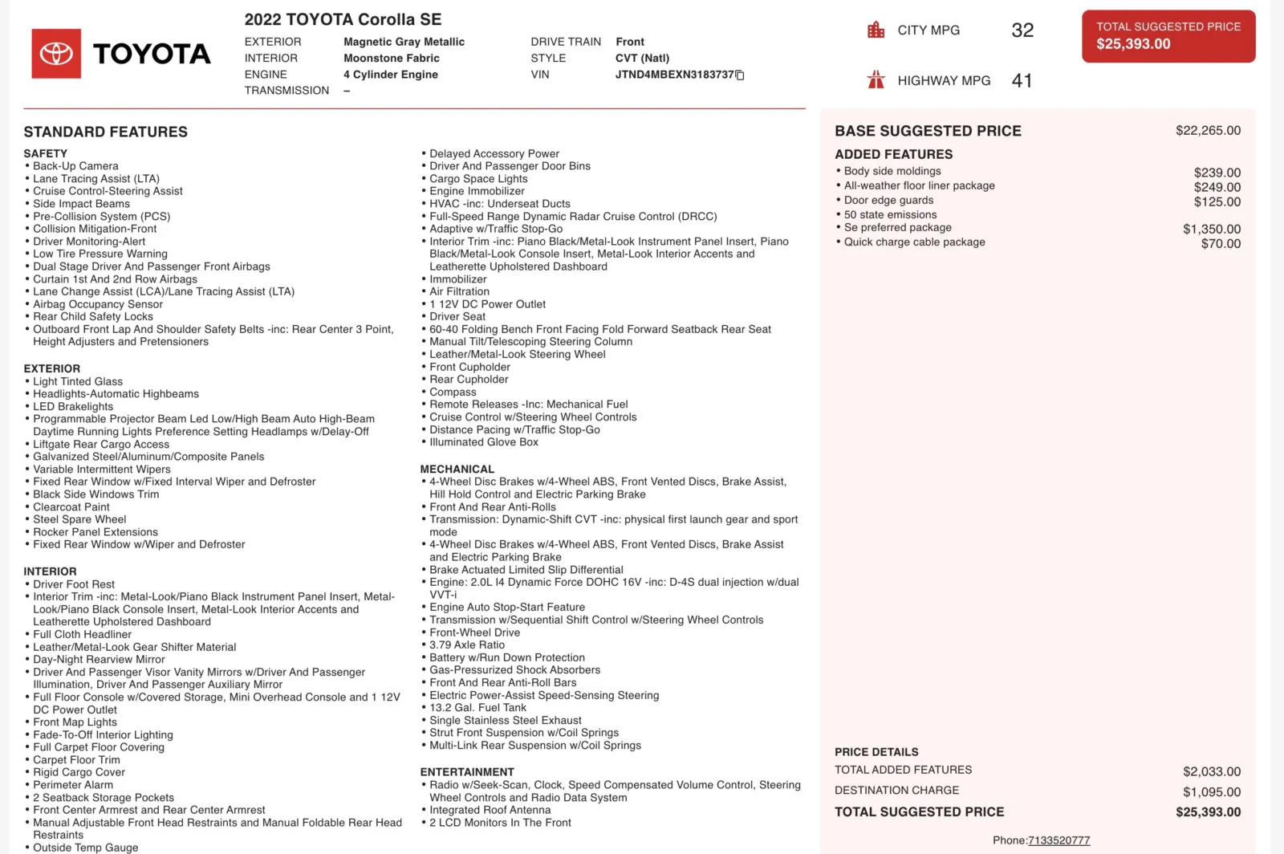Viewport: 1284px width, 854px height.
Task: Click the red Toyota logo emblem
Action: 56,54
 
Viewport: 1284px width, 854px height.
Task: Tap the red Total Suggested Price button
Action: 1168,36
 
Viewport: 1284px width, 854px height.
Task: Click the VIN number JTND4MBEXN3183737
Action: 674,75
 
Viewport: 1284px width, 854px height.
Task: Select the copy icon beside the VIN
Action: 740,75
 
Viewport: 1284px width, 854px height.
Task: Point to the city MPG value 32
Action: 1022,31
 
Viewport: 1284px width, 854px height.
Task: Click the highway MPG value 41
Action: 1022,80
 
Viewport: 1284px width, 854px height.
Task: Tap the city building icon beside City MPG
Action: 876,31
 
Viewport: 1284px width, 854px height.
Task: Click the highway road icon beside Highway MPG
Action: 876,79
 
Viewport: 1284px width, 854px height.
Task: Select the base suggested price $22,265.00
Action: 1208,130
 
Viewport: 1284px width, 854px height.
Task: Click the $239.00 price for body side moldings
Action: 1217,173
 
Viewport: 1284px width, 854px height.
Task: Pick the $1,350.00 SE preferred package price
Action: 1211,229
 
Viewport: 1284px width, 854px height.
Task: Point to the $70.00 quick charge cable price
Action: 1221,243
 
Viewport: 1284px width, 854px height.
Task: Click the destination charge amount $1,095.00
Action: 1211,791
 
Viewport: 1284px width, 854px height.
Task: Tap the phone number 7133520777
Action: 1058,840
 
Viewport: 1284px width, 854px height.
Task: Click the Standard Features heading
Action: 105,132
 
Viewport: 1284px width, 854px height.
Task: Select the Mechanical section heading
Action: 457,469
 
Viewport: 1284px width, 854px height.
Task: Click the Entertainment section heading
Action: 467,772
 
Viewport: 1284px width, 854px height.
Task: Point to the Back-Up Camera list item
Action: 75,166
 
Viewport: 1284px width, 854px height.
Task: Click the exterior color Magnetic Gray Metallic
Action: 404,42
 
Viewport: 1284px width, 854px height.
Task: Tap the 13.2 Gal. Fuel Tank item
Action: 477,708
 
